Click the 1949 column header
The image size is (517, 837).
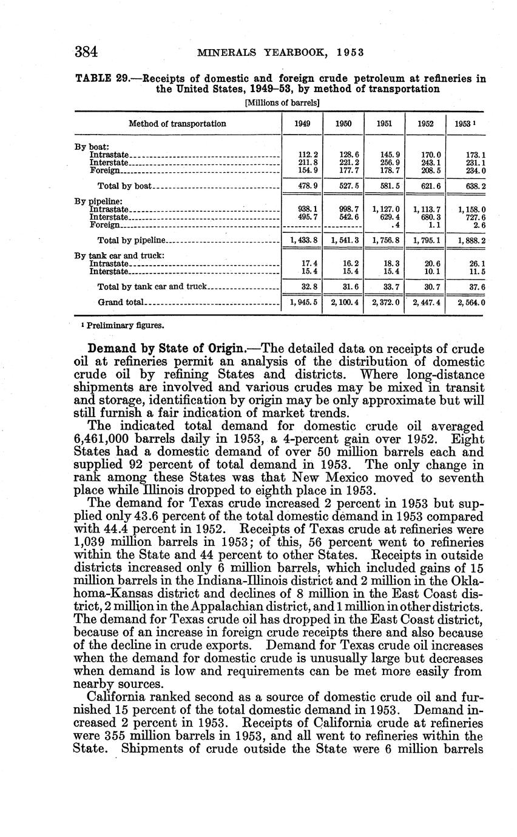coord(302,124)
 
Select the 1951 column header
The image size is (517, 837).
coord(384,124)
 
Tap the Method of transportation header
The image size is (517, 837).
coord(177,124)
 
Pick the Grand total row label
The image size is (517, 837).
coord(121,301)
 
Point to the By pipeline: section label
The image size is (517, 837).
coord(99,201)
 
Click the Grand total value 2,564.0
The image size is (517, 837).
coord(471,301)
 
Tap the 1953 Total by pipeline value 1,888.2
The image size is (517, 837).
coord(471,240)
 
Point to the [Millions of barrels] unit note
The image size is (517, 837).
coord(282,103)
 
